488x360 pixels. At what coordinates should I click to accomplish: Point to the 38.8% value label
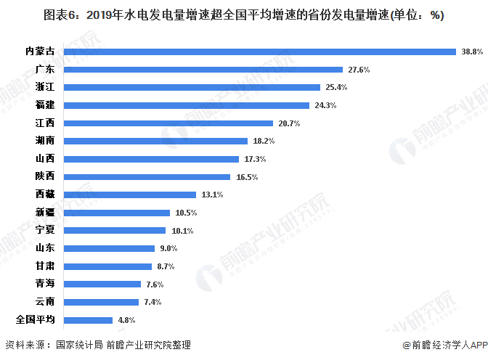(x=472, y=52)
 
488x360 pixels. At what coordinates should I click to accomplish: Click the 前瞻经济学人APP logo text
(x=443, y=345)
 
